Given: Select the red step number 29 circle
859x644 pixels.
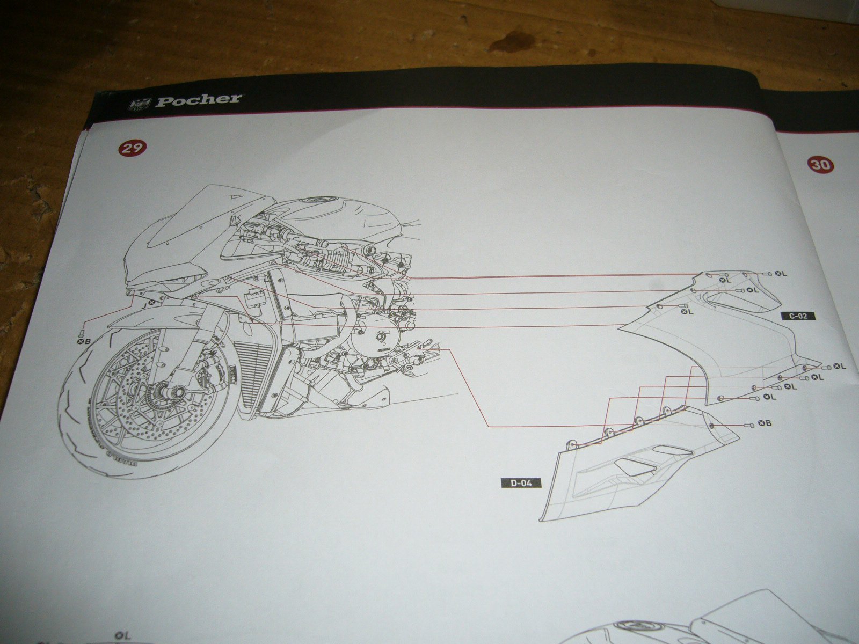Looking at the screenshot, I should [x=131, y=148].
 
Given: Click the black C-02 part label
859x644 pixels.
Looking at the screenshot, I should [x=798, y=316].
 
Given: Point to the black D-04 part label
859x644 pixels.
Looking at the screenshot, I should [x=521, y=482].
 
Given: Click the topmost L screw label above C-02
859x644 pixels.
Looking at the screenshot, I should [x=781, y=274].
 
